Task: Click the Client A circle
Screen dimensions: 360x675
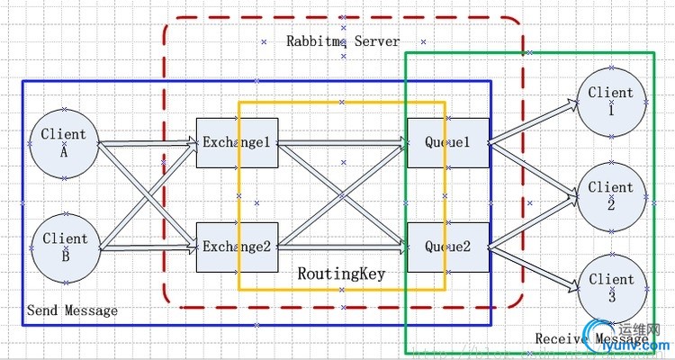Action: click(x=64, y=142)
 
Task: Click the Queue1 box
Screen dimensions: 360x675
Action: click(x=447, y=142)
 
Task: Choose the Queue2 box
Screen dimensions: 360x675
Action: click(x=447, y=247)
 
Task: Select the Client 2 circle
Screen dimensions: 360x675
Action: click(x=611, y=194)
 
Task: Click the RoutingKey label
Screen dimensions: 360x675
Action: click(x=341, y=274)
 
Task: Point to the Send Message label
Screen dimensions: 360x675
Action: click(x=72, y=310)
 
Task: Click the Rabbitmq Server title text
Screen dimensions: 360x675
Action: click(x=343, y=41)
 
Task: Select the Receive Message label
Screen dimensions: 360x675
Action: click(x=576, y=338)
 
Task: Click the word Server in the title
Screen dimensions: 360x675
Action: click(x=378, y=41)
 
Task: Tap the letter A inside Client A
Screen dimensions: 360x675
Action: click(x=64, y=151)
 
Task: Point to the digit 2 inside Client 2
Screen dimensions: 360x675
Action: click(x=611, y=203)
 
